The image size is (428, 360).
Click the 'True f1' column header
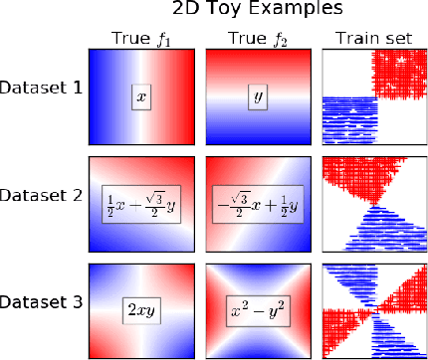tap(141, 40)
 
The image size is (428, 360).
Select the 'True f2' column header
tap(259, 40)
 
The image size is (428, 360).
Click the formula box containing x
tap(141, 99)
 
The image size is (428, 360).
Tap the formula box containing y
tap(259, 99)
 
